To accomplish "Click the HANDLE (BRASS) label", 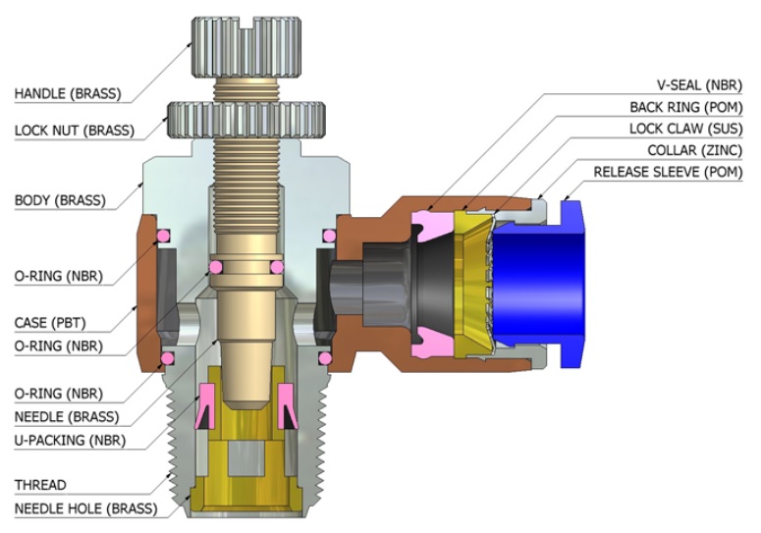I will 67,94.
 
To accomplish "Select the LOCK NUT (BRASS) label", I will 74,130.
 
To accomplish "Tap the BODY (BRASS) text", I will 60,200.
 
